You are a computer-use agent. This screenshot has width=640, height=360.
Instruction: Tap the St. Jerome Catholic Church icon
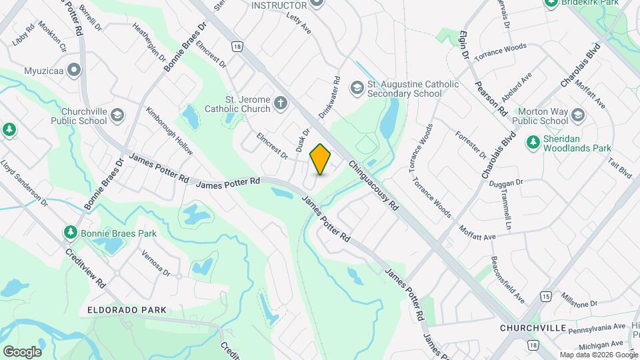click(x=281, y=103)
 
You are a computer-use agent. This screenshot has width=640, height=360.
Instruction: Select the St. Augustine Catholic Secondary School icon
click(x=357, y=87)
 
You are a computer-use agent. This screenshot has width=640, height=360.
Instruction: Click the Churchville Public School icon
click(x=117, y=115)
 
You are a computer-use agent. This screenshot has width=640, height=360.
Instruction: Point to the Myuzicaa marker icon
click(x=74, y=69)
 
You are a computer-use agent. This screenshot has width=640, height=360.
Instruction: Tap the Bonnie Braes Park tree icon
click(x=70, y=232)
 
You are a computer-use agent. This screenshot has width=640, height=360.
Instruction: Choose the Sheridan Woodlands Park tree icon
click(x=533, y=141)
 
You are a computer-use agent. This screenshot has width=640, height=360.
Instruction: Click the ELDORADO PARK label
click(x=127, y=311)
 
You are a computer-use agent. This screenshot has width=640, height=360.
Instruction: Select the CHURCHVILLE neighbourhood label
click(x=533, y=329)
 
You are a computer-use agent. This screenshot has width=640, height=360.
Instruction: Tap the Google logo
click(x=22, y=351)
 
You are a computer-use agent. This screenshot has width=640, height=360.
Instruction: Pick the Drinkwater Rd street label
click(x=329, y=97)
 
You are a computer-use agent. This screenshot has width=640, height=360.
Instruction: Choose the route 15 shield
click(x=546, y=295)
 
